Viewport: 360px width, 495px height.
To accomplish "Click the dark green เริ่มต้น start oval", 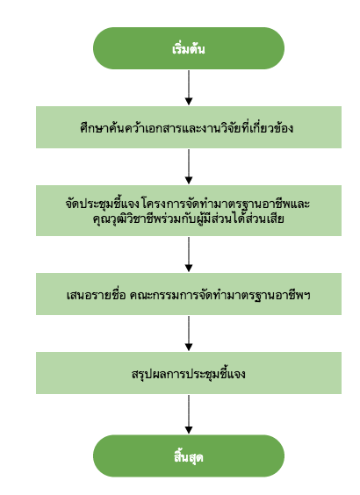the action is pos(189,48).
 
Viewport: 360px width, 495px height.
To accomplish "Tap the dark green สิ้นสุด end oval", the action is pos(189,456).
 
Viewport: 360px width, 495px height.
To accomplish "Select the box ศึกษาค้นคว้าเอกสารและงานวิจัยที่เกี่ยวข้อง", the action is pos(189,127).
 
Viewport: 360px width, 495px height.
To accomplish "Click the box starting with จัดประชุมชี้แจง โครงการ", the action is pos(189,211).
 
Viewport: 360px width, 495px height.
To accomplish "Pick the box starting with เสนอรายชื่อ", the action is pos(189,294).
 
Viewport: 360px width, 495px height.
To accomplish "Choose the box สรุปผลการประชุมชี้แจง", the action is pos(189,373).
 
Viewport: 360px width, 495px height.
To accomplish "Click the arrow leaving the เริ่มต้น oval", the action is pos(189,88).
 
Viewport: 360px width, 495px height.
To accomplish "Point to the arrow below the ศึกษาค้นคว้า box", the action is pos(189,167).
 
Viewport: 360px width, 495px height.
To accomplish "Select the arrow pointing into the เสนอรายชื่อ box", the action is pos(189,255).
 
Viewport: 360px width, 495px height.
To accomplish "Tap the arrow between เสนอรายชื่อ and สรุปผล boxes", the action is pos(189,334).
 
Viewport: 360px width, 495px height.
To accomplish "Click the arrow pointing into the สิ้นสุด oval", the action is pos(189,414).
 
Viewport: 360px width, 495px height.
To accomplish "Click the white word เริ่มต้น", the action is pos(189,49).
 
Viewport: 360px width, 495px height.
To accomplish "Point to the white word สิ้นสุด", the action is pos(189,456).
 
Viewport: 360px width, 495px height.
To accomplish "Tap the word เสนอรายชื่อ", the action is pos(97,295).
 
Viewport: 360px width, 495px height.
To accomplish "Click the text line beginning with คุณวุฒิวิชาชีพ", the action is pos(189,219).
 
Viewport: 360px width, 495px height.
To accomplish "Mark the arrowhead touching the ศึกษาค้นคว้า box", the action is pos(189,102).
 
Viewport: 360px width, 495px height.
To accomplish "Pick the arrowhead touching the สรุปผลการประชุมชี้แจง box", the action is pos(189,348).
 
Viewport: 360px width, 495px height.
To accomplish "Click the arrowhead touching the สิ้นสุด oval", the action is pos(189,430).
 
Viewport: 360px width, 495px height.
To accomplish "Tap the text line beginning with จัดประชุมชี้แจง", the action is pos(188,204).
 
